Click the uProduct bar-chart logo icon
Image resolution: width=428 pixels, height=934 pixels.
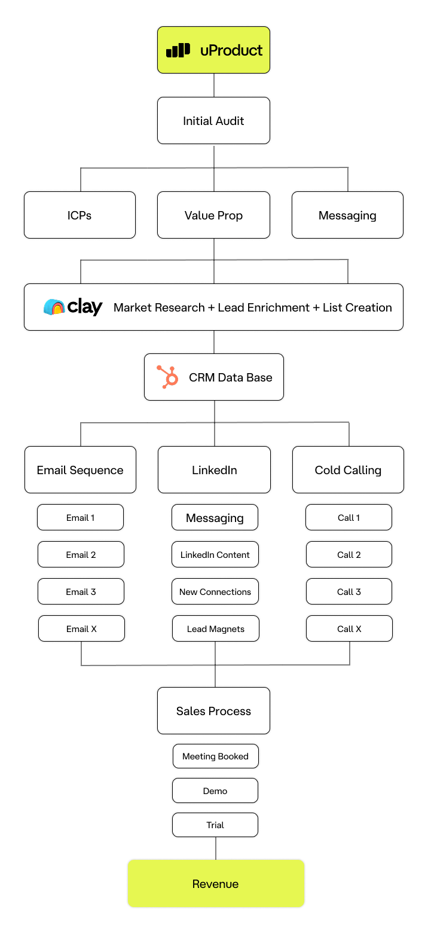pyautogui.click(x=178, y=50)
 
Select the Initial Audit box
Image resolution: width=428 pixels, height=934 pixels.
pyautogui.click(x=213, y=121)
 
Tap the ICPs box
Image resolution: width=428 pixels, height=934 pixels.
pyautogui.click(x=80, y=215)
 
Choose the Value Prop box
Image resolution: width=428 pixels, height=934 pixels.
pyautogui.click(x=213, y=215)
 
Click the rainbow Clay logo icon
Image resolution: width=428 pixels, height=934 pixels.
pyautogui.click(x=54, y=307)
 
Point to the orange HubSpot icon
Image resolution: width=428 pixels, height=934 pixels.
pyautogui.click(x=167, y=377)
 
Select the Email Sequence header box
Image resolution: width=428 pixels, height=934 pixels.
pyautogui.click(x=80, y=470)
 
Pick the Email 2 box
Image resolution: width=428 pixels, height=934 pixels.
pyautogui.click(x=81, y=555)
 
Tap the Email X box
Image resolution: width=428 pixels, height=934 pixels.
pyautogui.click(x=81, y=629)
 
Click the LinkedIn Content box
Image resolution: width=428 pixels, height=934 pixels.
pyautogui.click(x=215, y=555)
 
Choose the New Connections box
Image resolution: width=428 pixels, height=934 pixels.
pyautogui.click(x=215, y=592)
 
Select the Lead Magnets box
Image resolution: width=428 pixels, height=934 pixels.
pyautogui.click(x=215, y=629)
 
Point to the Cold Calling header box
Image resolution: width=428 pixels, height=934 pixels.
pyautogui.click(x=348, y=470)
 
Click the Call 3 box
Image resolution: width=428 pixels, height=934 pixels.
pyautogui.click(x=349, y=592)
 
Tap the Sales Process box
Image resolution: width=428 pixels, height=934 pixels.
pyautogui.click(x=213, y=711)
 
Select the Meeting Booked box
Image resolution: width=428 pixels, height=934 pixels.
pyautogui.click(x=215, y=756)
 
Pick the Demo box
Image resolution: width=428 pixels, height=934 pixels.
pyautogui.click(x=215, y=791)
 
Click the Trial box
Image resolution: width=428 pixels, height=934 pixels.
pyautogui.click(x=215, y=825)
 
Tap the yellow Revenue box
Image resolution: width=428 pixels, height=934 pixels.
pyautogui.click(x=215, y=884)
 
